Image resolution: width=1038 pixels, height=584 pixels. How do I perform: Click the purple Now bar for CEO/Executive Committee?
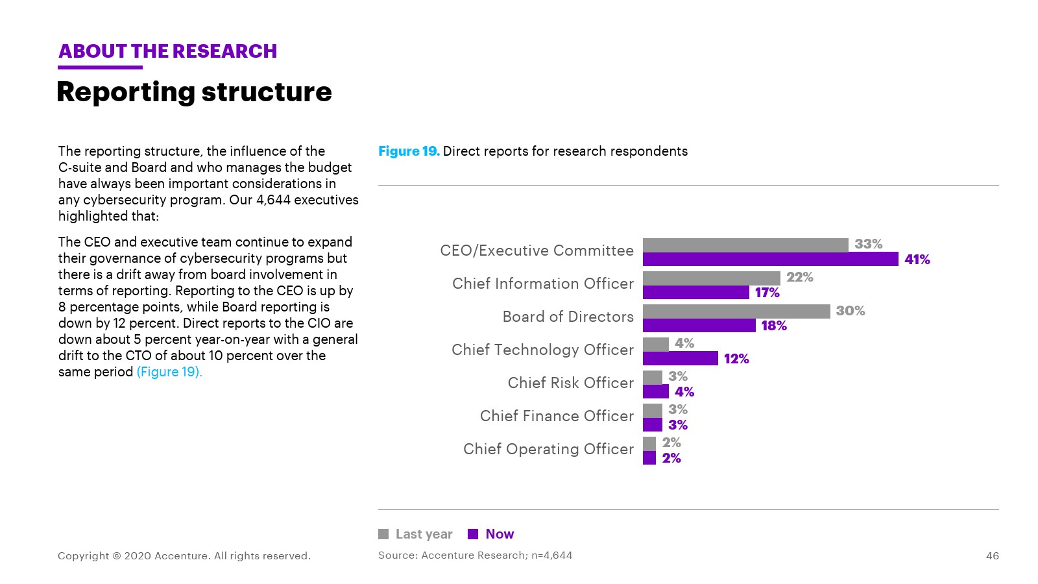[770, 260]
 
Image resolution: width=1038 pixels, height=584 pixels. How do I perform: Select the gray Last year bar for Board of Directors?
[736, 311]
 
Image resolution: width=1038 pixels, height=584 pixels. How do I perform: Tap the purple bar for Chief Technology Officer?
[680, 358]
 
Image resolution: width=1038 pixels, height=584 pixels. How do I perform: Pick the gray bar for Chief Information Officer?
[711, 278]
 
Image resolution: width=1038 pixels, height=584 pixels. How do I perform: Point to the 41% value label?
[917, 260]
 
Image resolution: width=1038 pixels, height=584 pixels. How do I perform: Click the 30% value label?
[850, 311]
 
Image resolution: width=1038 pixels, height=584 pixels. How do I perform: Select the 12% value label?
[736, 359]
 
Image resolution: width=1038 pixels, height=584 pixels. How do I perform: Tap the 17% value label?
[767, 293]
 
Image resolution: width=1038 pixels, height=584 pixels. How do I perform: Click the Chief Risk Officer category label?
[570, 383]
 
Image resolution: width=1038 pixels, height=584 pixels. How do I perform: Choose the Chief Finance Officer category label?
[557, 416]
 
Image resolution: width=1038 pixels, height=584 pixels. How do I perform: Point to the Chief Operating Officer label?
[548, 449]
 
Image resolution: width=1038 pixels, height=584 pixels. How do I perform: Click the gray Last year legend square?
[383, 534]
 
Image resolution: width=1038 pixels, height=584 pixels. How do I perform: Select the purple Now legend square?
[473, 534]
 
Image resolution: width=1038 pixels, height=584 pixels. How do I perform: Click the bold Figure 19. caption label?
[409, 151]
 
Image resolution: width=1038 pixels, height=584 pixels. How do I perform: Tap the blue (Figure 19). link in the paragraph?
[169, 372]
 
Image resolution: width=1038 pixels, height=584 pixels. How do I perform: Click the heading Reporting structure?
[194, 92]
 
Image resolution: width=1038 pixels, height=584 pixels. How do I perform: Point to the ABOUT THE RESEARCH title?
[167, 51]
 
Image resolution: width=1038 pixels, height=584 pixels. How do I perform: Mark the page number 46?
[992, 555]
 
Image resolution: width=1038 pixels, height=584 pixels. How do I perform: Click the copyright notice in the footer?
[184, 555]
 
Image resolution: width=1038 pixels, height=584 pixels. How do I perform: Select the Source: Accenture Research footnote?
[475, 555]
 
